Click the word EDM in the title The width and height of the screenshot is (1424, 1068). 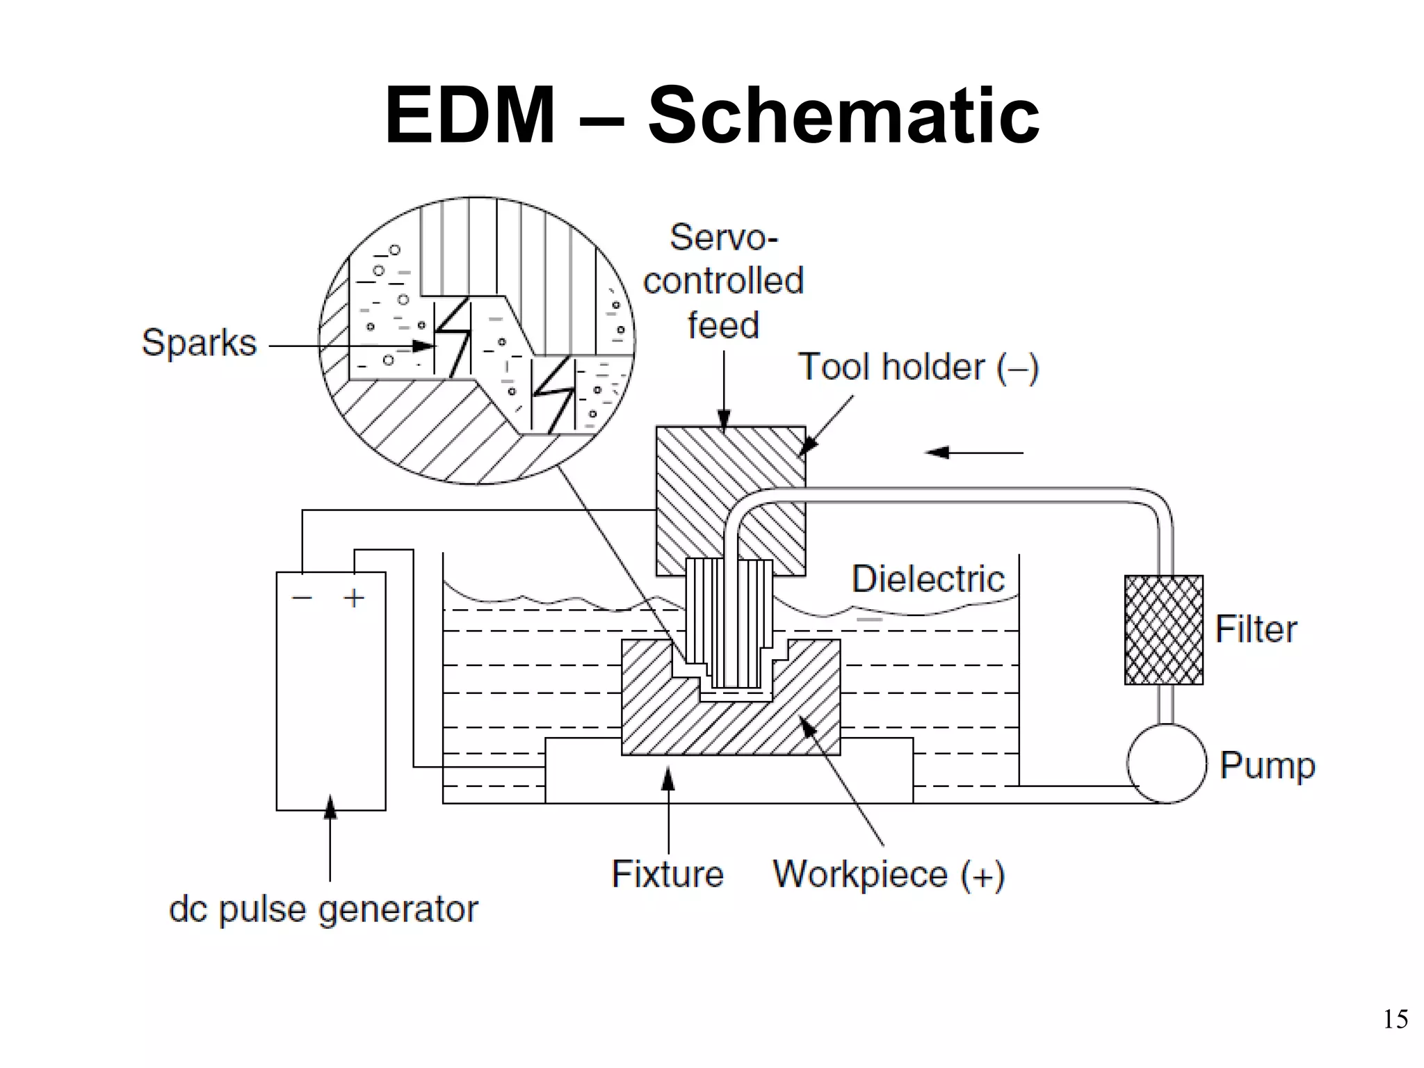(470, 115)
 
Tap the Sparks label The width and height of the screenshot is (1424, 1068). (199, 343)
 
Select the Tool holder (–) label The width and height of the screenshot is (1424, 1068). (918, 367)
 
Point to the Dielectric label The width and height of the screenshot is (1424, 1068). (928, 578)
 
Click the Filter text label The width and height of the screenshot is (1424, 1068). (1256, 629)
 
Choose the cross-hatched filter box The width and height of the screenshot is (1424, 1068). (1163, 630)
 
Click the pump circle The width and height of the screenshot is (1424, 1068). (1166, 763)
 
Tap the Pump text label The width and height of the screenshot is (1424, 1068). (1268, 766)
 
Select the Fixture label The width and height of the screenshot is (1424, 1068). (667, 874)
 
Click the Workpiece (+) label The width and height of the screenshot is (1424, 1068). (889, 875)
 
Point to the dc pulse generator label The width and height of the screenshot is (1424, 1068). (323, 909)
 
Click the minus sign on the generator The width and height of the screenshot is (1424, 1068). (302, 597)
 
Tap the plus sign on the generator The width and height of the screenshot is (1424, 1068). (354, 598)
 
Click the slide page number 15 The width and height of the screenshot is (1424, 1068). (1395, 1019)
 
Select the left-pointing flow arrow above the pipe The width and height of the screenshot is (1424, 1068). (973, 453)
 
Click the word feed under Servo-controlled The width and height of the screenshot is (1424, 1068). (723, 325)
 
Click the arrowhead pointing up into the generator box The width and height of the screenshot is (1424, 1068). (330, 807)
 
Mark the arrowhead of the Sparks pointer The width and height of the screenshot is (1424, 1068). (424, 346)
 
